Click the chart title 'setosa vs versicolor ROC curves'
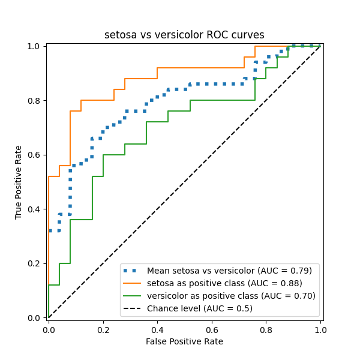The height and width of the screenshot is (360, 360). click(x=184, y=35)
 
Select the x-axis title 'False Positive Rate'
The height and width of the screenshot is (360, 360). click(x=184, y=341)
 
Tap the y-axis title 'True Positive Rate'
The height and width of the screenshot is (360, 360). click(x=19, y=182)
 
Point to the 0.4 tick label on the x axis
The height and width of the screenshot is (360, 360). click(x=157, y=329)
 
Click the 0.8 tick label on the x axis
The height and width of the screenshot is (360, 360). click(x=266, y=329)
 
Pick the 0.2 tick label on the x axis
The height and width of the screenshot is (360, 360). click(x=103, y=329)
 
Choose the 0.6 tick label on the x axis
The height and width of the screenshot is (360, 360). click(x=212, y=329)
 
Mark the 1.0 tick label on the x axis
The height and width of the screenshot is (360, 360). click(x=320, y=329)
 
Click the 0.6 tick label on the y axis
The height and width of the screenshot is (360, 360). click(x=35, y=155)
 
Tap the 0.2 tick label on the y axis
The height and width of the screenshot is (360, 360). click(x=35, y=263)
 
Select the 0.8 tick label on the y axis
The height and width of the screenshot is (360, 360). click(x=35, y=100)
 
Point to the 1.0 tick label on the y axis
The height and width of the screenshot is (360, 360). click(x=35, y=46)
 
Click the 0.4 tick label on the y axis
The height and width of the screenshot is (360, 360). click(x=35, y=209)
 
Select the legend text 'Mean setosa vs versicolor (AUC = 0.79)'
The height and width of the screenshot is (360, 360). click(x=230, y=271)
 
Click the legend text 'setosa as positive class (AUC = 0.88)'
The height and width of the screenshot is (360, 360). click(x=224, y=283)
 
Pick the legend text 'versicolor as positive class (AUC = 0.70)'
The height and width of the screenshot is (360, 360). click(x=231, y=296)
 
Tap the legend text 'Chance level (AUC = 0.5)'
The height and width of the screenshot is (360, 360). click(x=200, y=308)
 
